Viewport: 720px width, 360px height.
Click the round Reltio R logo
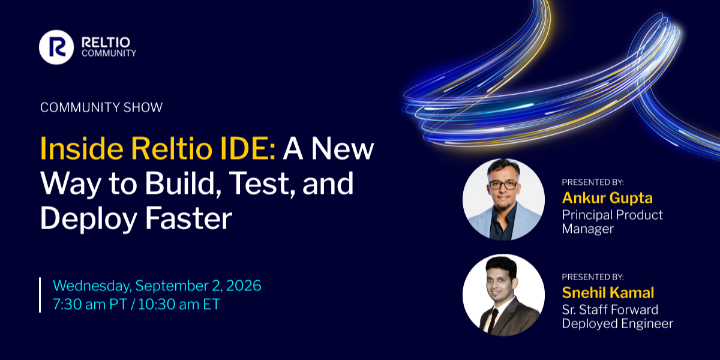[x=56, y=47]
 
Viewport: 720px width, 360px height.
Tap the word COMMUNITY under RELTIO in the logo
[x=109, y=53]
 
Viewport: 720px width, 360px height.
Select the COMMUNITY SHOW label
[x=101, y=107]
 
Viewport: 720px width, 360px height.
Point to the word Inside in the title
[x=82, y=149]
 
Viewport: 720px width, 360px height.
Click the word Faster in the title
[x=188, y=218]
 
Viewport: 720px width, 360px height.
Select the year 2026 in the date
[x=244, y=286]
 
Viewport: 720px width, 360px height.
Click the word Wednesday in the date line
[x=92, y=286]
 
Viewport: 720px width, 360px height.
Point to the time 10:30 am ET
[x=179, y=304]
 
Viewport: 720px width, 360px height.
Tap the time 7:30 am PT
[x=90, y=304]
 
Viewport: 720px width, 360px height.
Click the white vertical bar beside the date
[x=40, y=295]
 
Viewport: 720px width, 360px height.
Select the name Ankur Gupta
[x=607, y=198]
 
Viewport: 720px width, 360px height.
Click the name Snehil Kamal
[x=608, y=293]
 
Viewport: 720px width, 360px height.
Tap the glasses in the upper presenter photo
[x=503, y=185]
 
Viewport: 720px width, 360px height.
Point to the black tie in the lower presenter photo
[x=493, y=320]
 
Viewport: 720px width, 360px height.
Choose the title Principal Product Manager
[x=613, y=222]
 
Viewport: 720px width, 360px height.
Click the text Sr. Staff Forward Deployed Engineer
[x=617, y=316]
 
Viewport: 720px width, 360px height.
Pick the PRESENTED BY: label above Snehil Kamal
[x=593, y=277]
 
